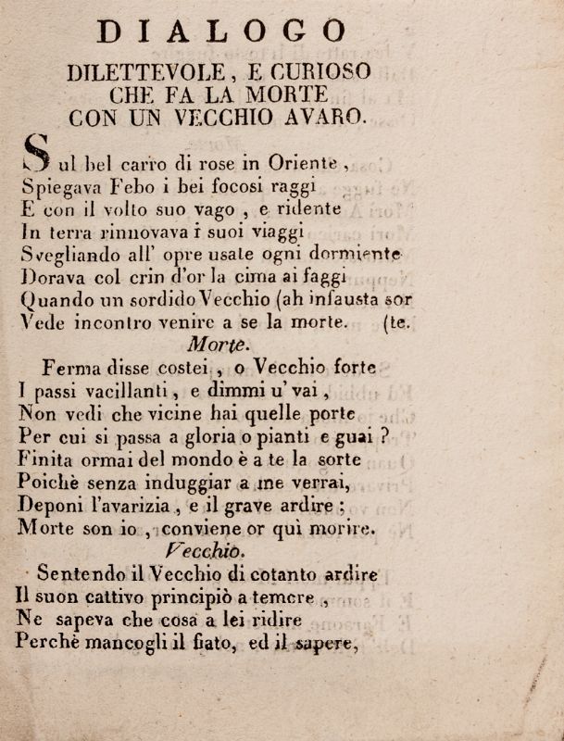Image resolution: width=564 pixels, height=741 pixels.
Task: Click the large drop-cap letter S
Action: point(35,153)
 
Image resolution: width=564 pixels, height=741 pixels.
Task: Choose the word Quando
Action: point(55,299)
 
